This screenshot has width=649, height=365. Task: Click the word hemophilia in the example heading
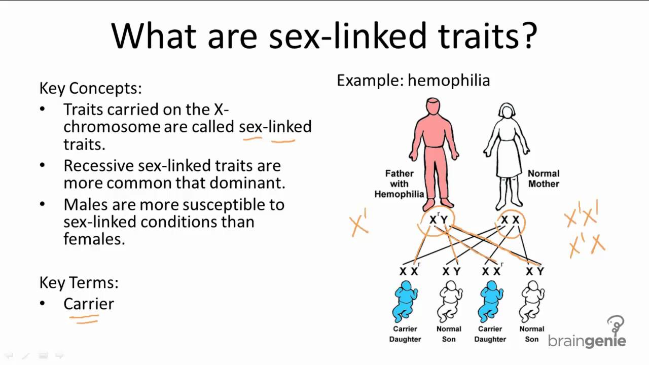click(449, 81)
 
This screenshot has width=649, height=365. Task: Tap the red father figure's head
click(433, 108)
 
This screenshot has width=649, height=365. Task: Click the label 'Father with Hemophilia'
click(399, 184)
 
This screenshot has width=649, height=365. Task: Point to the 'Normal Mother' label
click(544, 178)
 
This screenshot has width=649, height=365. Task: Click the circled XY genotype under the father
click(438, 220)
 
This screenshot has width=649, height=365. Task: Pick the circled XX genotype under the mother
click(510, 220)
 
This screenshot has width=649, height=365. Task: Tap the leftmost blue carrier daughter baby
click(405, 302)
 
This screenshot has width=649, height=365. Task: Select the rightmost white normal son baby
click(532, 302)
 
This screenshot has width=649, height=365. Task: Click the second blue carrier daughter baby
click(490, 302)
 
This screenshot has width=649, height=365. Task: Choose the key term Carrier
click(89, 304)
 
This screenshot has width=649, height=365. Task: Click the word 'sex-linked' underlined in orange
click(275, 126)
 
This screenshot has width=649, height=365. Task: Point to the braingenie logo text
click(587, 340)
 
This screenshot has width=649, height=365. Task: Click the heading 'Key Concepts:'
click(90, 88)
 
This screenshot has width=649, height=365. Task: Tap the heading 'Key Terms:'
click(79, 282)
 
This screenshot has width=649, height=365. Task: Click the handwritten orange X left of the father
click(358, 225)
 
